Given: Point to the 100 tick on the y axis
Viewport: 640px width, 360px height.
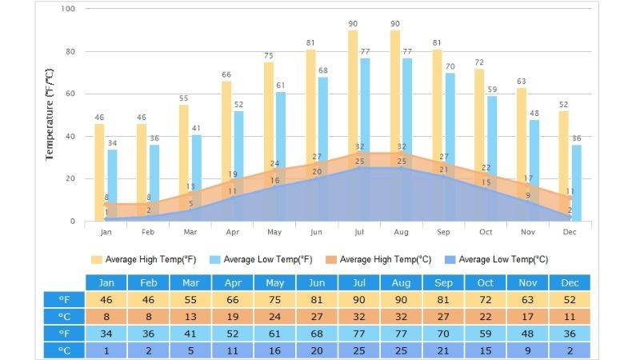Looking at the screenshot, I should [x=67, y=9].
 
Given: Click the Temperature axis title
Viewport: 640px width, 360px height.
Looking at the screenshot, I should [x=50, y=114].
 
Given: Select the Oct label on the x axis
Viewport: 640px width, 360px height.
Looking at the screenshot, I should [x=486, y=232].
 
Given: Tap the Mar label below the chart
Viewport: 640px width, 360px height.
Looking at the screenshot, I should [x=190, y=232].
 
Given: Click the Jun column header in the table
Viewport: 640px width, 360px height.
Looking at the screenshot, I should [x=317, y=282].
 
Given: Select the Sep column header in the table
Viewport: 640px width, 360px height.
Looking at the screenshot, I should [x=443, y=282].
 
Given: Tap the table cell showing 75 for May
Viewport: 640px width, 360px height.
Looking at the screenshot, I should [x=274, y=299].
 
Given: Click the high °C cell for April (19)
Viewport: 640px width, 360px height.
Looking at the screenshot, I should [x=233, y=316].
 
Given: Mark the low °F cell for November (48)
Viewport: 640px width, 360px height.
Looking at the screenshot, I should [x=527, y=334].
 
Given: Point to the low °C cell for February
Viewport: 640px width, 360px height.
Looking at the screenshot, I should [x=148, y=350].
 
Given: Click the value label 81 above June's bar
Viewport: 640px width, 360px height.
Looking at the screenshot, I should [x=310, y=42].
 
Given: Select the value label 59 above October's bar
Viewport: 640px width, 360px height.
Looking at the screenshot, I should [x=492, y=90].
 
